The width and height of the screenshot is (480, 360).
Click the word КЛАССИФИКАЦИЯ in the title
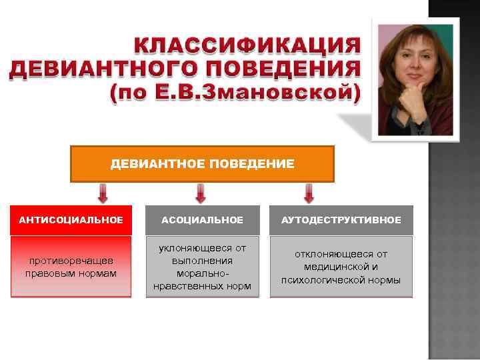click(x=247, y=46)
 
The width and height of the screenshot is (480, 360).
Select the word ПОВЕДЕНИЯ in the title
click(x=280, y=69)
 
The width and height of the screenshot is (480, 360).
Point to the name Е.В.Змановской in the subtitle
click(x=254, y=94)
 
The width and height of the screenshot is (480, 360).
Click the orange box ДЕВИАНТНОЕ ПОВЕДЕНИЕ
click(x=202, y=164)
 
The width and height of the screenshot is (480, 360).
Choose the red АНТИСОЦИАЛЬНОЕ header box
click(x=71, y=220)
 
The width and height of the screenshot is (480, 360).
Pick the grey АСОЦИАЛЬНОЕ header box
click(x=202, y=220)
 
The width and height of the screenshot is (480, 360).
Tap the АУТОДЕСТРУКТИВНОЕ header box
click(x=341, y=220)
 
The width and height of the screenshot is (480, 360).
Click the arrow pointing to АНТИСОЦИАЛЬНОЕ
click(x=103, y=194)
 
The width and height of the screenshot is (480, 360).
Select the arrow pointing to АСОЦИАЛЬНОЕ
click(x=201, y=194)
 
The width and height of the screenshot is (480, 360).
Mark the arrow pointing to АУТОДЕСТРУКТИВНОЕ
click(x=309, y=194)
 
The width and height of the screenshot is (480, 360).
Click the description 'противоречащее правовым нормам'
click(x=71, y=267)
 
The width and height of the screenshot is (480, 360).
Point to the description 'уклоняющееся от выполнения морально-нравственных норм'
click(x=202, y=267)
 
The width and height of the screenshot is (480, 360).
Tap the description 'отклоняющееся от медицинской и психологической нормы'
click(x=341, y=267)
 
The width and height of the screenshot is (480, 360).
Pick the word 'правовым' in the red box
click(x=47, y=273)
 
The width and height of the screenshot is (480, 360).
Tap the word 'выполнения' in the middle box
click(x=202, y=261)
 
